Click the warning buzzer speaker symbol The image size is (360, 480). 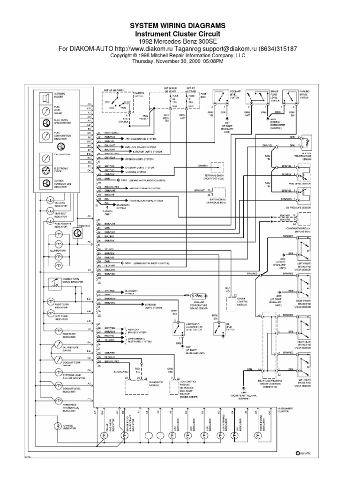tap(46, 98)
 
